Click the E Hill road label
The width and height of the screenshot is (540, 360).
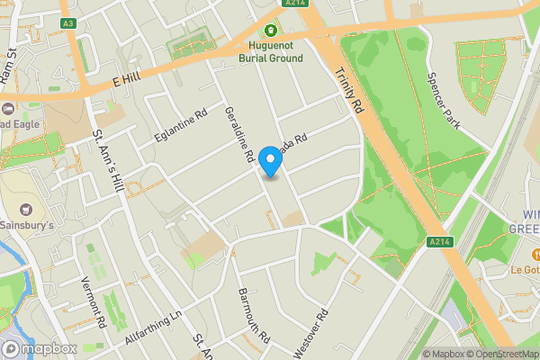129,81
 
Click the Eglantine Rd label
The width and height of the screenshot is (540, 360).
180,127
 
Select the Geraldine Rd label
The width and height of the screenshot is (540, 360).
239,130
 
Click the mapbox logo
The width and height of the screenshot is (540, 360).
40,348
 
